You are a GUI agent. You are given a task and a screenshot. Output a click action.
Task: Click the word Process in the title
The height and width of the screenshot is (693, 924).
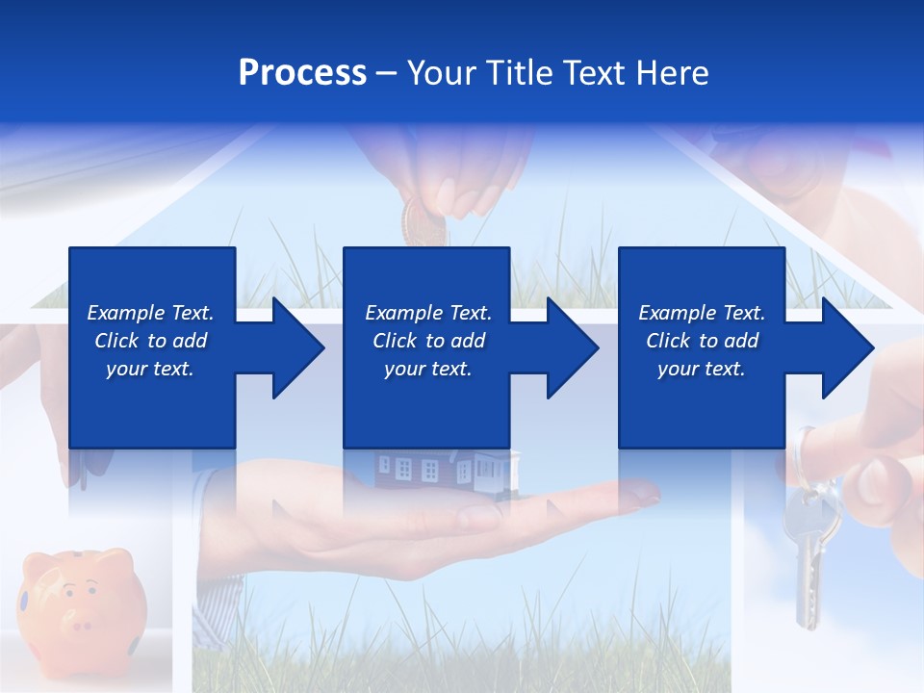pos(302,73)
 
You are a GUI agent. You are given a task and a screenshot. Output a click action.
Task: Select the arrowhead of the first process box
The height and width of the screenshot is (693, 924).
pos(297,347)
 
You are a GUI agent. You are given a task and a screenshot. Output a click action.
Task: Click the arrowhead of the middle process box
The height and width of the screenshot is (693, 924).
pos(572,347)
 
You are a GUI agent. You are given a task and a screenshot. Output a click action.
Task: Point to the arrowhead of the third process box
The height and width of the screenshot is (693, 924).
pos(847,347)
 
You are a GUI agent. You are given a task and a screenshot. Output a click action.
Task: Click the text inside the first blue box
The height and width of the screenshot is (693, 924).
pos(150,341)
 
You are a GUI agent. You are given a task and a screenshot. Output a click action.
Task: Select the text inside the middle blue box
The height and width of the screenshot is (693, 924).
pos(427,341)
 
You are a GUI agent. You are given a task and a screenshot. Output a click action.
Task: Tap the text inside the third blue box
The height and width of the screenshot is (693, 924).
pos(702,341)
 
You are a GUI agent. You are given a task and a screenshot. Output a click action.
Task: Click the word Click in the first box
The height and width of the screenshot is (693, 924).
pos(118,341)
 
